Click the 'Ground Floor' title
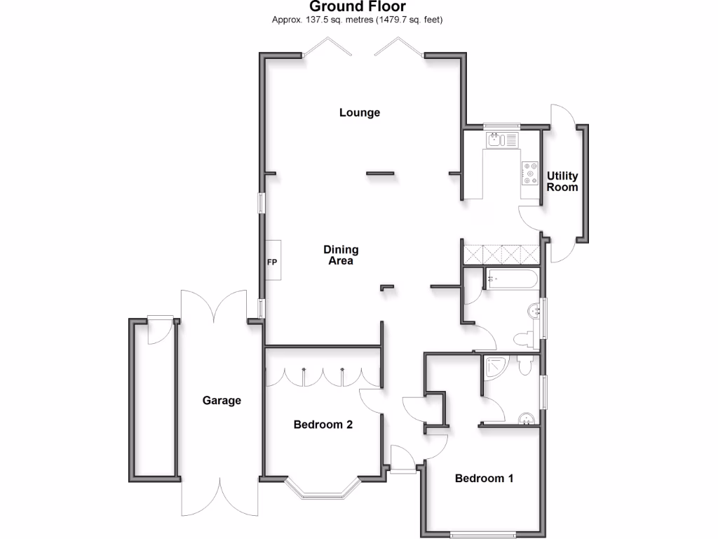click(358, 6)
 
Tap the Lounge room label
click(359, 112)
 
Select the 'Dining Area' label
click(341, 255)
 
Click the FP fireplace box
click(272, 261)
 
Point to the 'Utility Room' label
click(562, 182)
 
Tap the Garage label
click(222, 401)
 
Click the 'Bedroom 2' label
click(323, 425)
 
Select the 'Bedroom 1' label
click(484, 479)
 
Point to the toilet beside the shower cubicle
click(526, 365)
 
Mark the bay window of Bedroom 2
click(323, 488)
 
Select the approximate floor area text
click(358, 20)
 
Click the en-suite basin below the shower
click(525, 419)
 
